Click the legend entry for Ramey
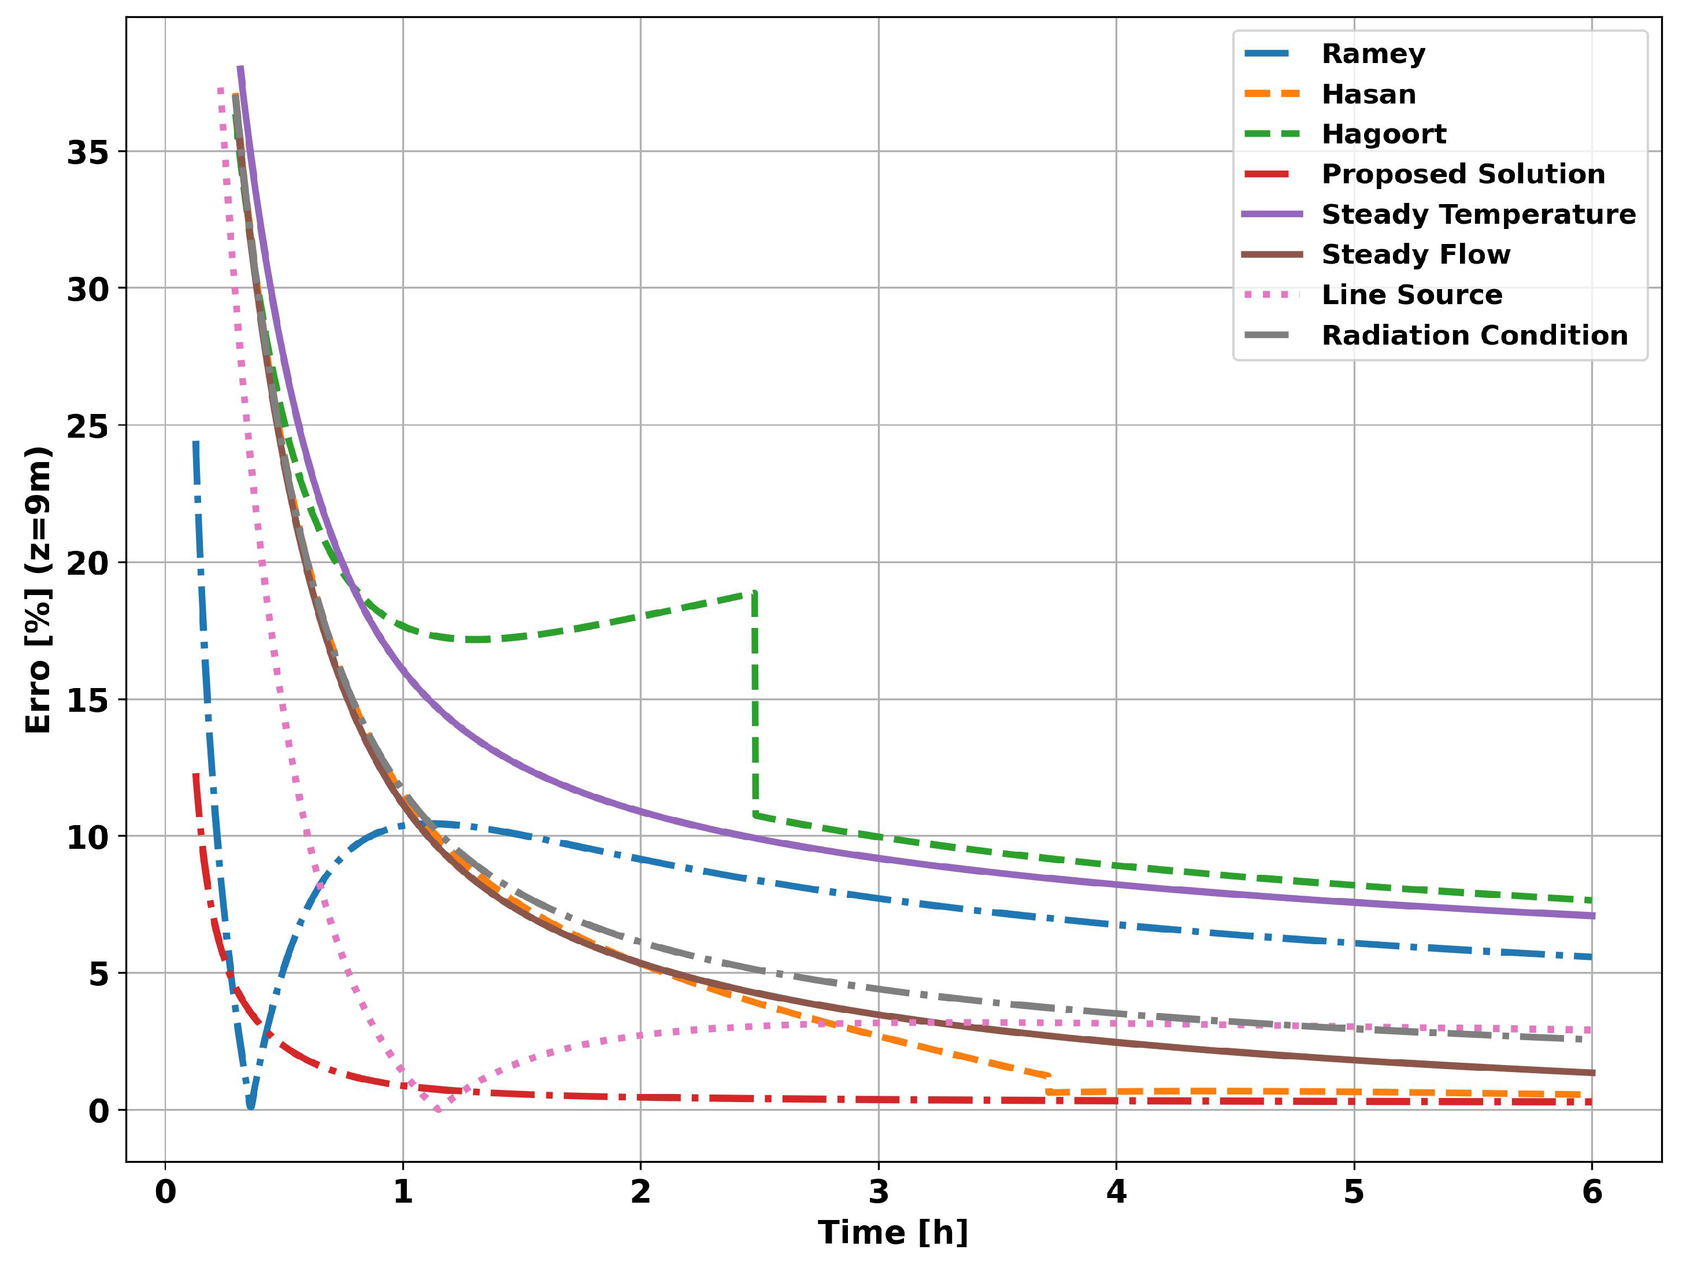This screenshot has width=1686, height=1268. coord(1373,53)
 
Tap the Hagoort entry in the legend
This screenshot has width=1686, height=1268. coord(1383,134)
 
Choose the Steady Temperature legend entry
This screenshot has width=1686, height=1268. coord(1478,215)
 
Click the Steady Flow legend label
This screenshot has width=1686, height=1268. coord(1416,254)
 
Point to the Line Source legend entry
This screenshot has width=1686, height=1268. coord(1411,294)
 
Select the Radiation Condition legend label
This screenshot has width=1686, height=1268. coord(1474,335)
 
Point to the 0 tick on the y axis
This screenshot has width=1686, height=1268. coord(98,1111)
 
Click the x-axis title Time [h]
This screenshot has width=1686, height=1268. coord(892,1233)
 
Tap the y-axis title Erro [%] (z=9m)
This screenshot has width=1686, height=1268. coord(38,589)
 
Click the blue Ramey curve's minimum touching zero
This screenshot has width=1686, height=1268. coord(251,1106)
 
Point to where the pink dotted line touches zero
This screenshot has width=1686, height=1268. coord(438,1108)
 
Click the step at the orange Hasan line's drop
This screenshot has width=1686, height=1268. coord(1049,1084)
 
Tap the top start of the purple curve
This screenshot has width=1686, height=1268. coord(240,69)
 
